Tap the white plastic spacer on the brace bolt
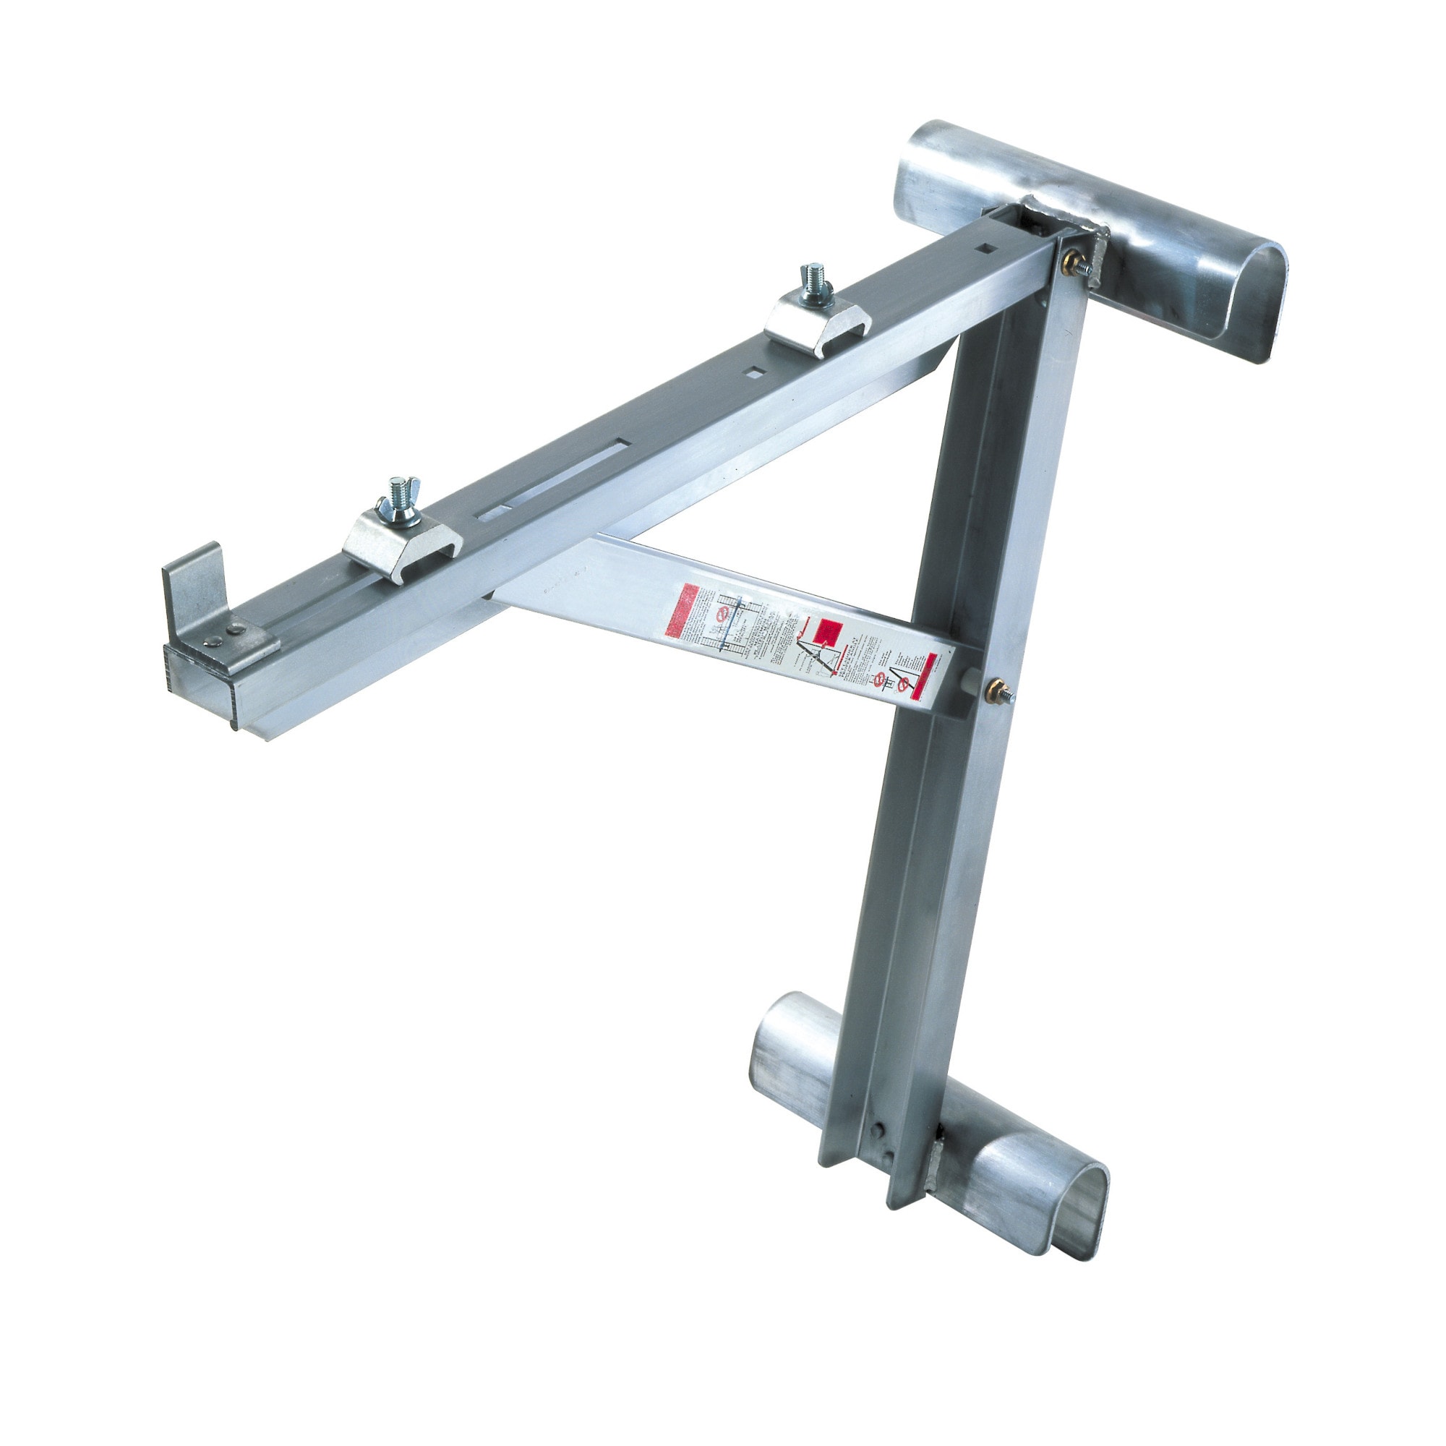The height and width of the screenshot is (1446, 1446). tap(970, 683)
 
